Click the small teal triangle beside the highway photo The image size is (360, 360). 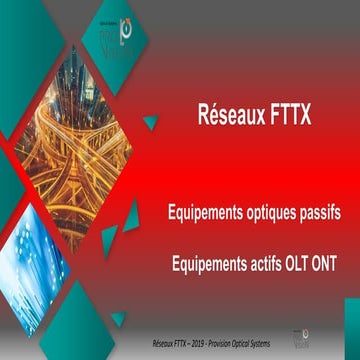pyautogui.click(x=150, y=122)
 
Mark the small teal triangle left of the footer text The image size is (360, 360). pyautogui.click(x=118, y=319)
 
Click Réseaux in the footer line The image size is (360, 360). pyautogui.click(x=152, y=342)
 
